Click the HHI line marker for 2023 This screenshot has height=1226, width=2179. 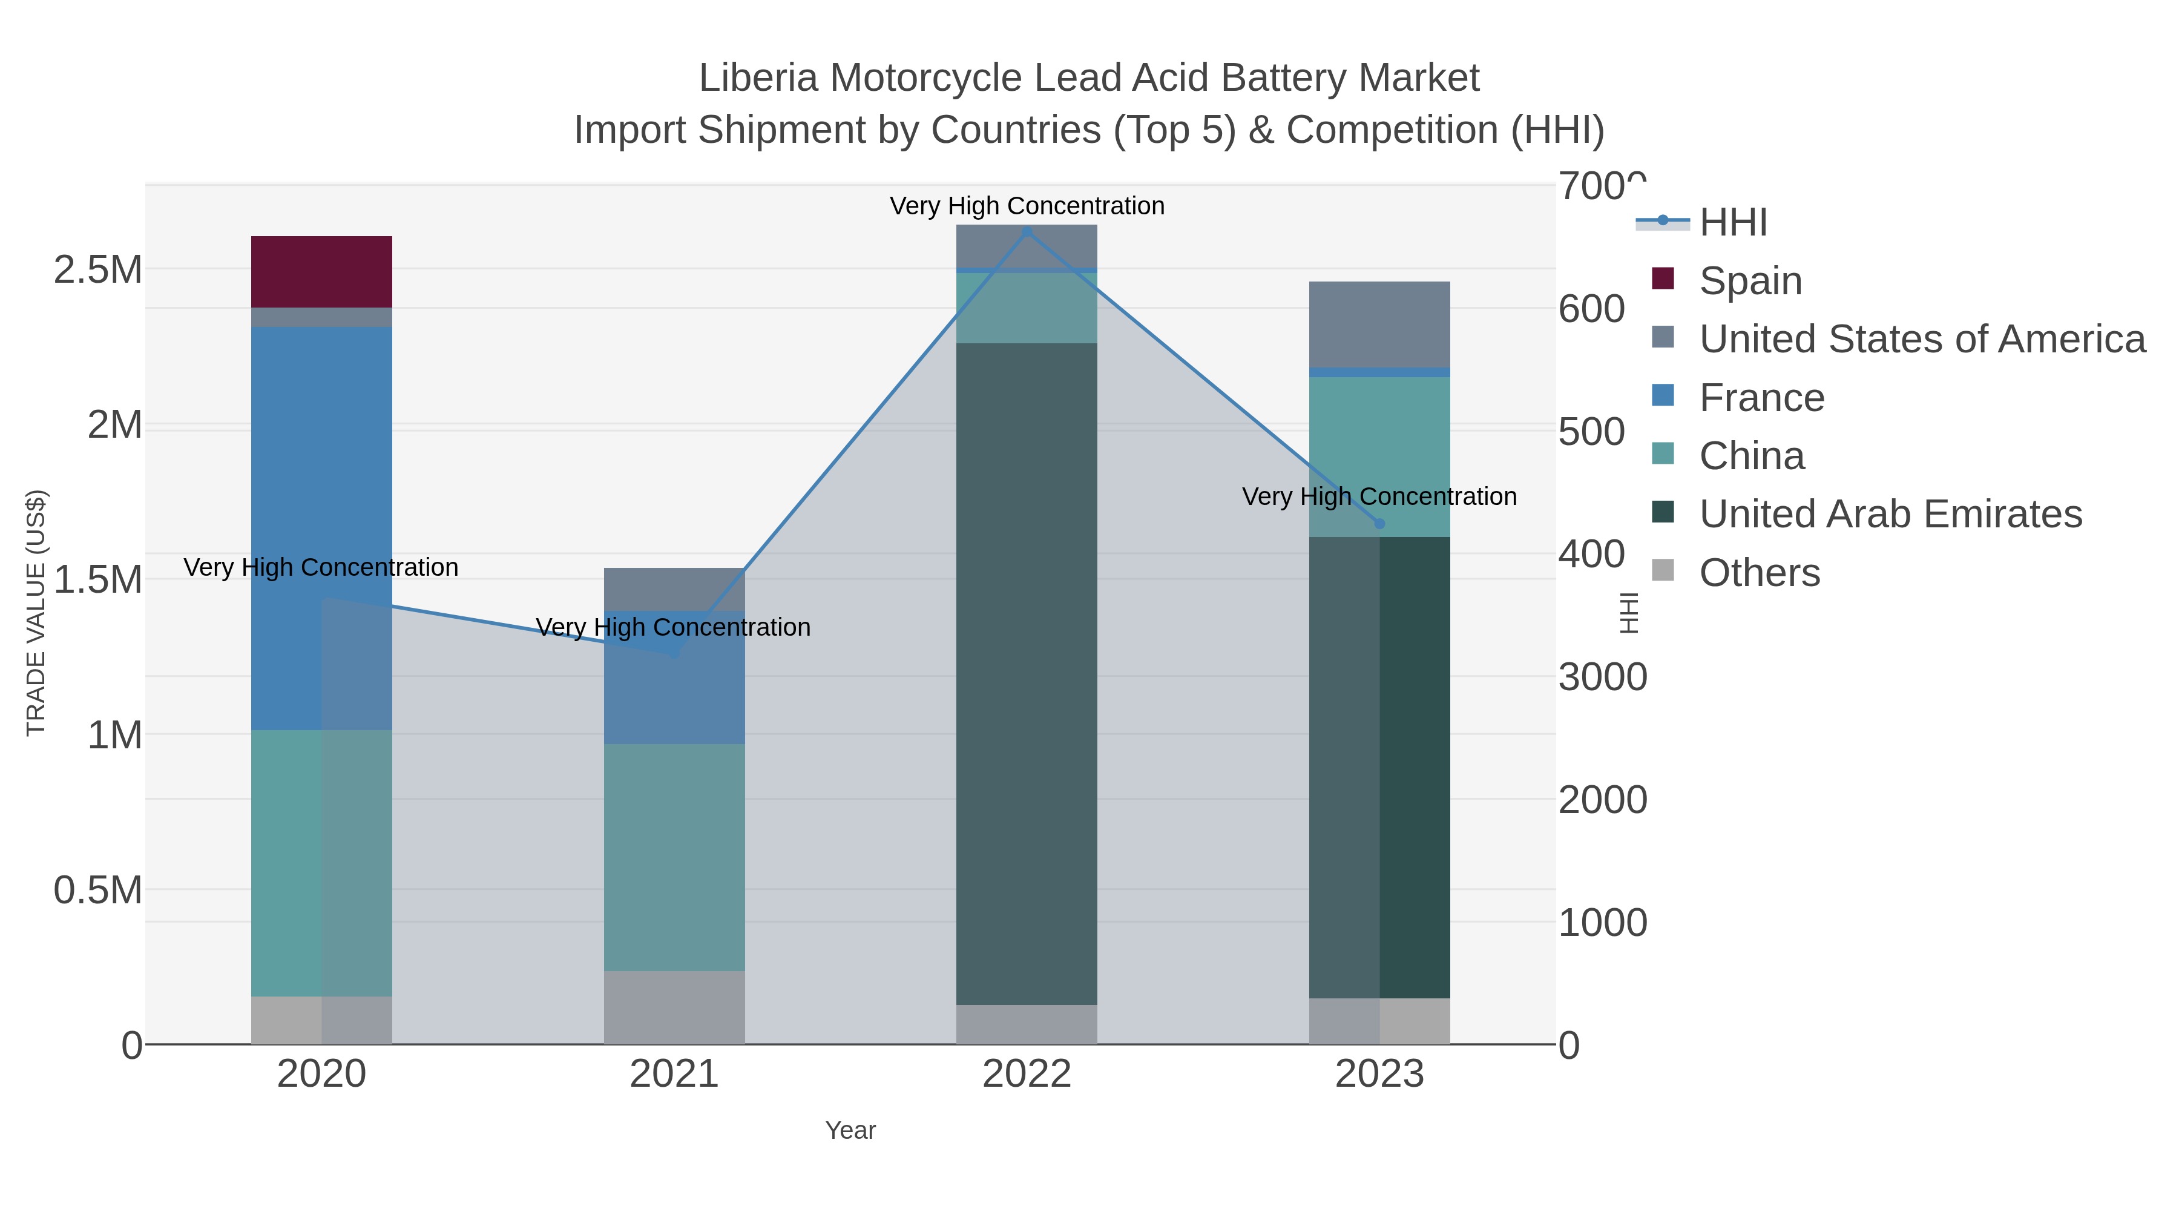[1379, 524]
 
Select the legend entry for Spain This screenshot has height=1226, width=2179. [1749, 281]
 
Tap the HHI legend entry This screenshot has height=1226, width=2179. [1732, 223]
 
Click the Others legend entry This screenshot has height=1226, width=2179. [1758, 573]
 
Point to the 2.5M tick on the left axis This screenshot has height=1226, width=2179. [98, 270]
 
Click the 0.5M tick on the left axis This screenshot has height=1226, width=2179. [98, 890]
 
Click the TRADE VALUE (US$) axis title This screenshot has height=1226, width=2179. [36, 613]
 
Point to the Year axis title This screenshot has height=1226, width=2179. [850, 1130]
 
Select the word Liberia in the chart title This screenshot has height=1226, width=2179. [758, 79]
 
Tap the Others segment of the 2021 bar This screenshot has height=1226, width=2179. [674, 1007]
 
